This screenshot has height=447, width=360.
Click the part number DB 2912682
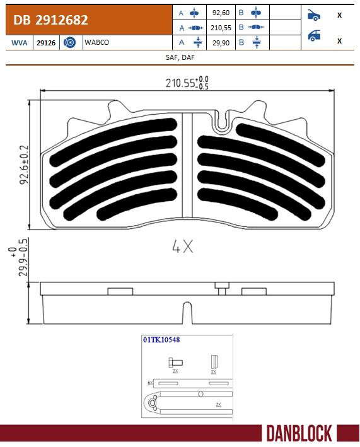tap(50, 20)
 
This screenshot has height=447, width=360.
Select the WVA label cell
tap(20, 43)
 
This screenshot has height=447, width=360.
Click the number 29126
tap(46, 43)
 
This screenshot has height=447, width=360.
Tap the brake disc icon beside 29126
tap(69, 42)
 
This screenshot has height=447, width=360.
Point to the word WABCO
tap(96, 42)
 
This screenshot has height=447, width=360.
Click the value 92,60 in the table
tap(221, 13)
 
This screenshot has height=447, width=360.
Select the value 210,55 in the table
tap(221, 28)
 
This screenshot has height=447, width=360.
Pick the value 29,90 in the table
tap(221, 43)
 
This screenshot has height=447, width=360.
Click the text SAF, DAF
tap(180, 57)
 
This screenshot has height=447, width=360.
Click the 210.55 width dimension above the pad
tap(187, 83)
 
